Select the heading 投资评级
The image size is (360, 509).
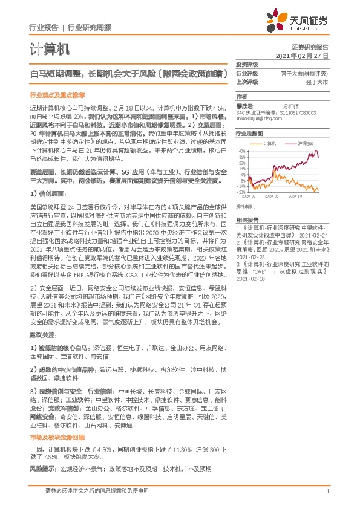click(x=247, y=64)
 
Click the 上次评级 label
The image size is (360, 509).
click(x=247, y=82)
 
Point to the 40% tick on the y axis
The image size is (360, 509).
click(x=242, y=151)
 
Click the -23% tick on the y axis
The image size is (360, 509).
click(x=241, y=192)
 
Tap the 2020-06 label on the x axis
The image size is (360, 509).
click(x=278, y=196)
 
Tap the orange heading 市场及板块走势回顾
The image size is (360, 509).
click(x=57, y=436)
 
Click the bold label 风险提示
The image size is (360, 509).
click(x=42, y=468)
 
